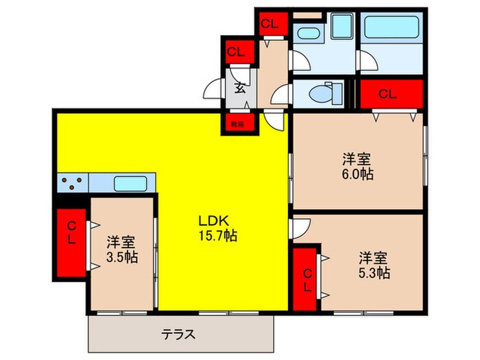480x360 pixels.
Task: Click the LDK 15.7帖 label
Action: [x=217, y=228]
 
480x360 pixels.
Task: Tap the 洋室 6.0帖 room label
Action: [x=358, y=167]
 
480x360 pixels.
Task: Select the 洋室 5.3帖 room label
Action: [x=374, y=265]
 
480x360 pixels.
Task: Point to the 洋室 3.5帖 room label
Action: [x=121, y=250]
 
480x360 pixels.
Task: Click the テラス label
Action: [x=179, y=335]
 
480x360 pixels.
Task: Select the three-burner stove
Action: [x=72, y=183]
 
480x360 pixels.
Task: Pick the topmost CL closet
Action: [x=269, y=23]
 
